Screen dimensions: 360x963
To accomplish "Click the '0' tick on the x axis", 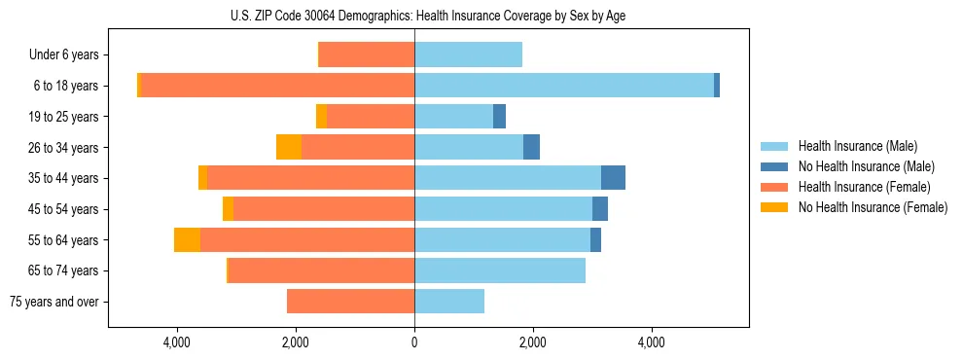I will (414, 342).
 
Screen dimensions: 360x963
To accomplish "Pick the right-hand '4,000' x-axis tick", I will (651, 342).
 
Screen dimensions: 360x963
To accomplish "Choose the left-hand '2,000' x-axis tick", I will (296, 342).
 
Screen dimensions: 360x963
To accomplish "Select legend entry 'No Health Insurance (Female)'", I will (873, 207).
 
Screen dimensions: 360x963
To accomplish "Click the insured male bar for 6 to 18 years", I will (564, 86).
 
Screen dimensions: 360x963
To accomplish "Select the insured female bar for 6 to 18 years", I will (278, 86).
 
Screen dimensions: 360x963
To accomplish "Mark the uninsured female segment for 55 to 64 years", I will (187, 239).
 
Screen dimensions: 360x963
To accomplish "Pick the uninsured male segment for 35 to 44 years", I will (613, 178).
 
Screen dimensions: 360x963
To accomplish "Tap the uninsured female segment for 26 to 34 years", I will (289, 147).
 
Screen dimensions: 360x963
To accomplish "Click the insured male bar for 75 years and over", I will (449, 302).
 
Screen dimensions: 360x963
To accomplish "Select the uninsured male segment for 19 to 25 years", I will (499, 117).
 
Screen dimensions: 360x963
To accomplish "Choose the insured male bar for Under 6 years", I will (468, 55).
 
